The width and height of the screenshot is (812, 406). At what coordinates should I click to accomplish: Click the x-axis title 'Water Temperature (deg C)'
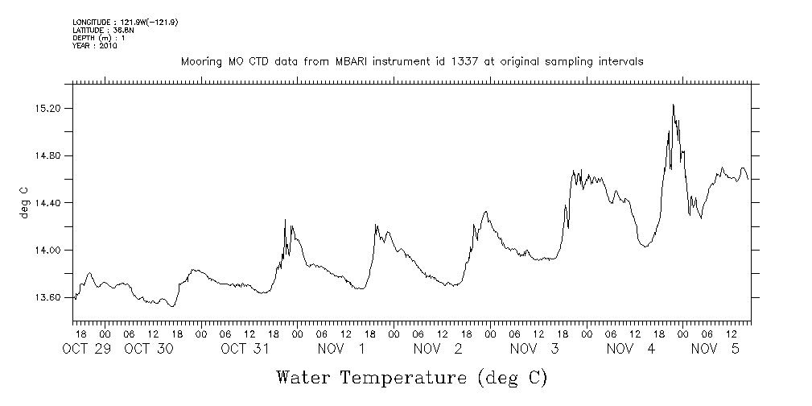tap(411, 377)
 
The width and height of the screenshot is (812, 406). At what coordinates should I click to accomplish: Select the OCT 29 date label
tap(86, 349)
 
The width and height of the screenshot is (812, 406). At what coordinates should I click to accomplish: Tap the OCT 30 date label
tap(149, 349)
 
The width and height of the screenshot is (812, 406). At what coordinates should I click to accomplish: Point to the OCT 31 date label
tap(245, 349)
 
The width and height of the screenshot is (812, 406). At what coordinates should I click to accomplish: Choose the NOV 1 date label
tap(341, 349)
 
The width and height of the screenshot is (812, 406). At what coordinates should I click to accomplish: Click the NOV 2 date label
tap(438, 349)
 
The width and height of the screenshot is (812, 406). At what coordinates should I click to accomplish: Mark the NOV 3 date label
tap(534, 349)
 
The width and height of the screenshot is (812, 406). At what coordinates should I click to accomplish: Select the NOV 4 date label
tap(631, 349)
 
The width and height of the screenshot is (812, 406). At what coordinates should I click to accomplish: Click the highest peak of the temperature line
tap(673, 105)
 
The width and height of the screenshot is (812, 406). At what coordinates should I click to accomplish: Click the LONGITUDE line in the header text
tap(125, 23)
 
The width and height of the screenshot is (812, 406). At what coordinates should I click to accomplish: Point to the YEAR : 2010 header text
tap(95, 47)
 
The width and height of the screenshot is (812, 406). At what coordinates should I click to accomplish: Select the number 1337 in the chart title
tap(468, 62)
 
